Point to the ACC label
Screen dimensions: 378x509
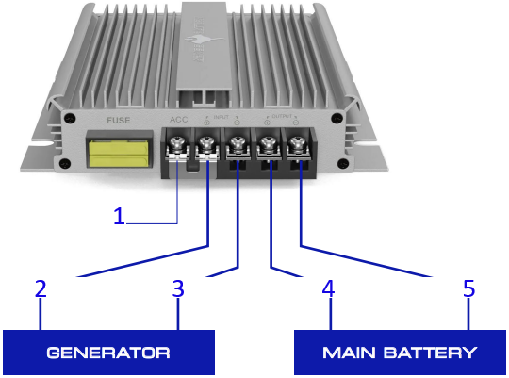(178, 120)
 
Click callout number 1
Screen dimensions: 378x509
(119, 216)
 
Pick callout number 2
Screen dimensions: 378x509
(41, 288)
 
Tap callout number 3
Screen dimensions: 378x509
(177, 288)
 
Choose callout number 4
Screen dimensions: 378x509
(328, 288)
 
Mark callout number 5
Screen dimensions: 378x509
(468, 288)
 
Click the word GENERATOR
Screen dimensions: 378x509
(109, 353)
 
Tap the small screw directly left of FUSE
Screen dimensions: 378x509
(72, 120)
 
